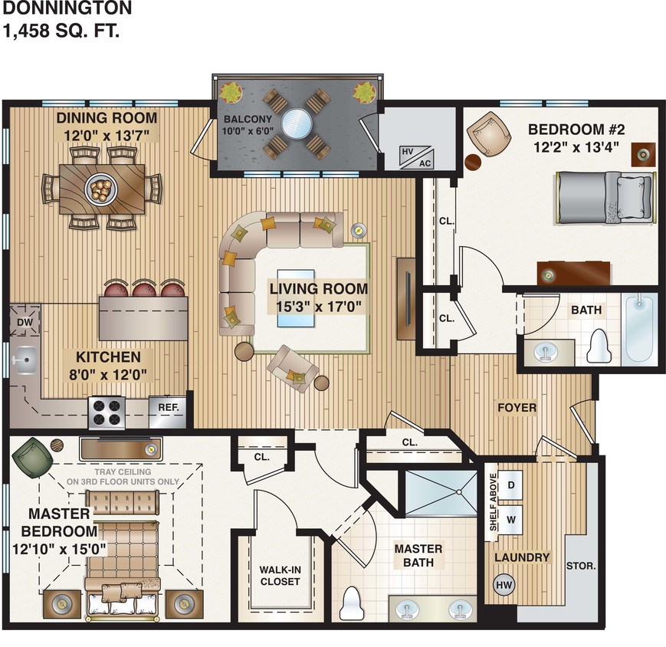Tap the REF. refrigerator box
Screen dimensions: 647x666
(x=168, y=408)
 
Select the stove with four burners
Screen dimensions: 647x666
(x=107, y=412)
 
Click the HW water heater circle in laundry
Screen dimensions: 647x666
(x=504, y=585)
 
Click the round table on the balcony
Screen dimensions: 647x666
(x=296, y=122)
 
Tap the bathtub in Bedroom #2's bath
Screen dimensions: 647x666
(x=639, y=330)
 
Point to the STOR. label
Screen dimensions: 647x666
(x=580, y=567)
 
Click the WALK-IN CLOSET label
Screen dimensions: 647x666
(x=279, y=575)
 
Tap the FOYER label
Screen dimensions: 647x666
(x=517, y=407)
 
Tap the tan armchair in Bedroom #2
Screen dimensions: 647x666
(x=489, y=135)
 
